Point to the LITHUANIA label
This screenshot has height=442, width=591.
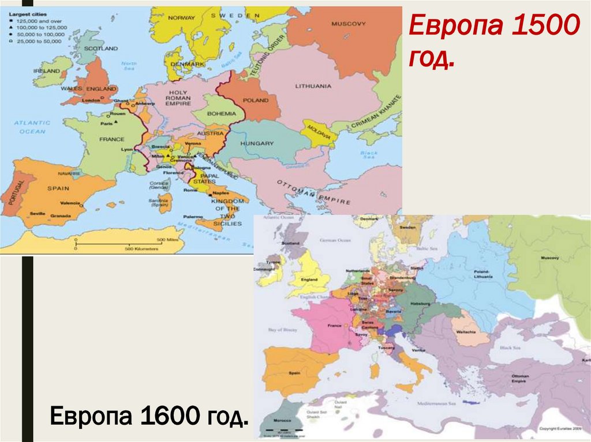point(313,86)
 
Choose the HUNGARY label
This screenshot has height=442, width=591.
point(257,142)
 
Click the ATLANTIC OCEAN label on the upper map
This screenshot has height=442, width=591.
point(32,127)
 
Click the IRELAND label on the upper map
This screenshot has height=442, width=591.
point(47,71)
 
